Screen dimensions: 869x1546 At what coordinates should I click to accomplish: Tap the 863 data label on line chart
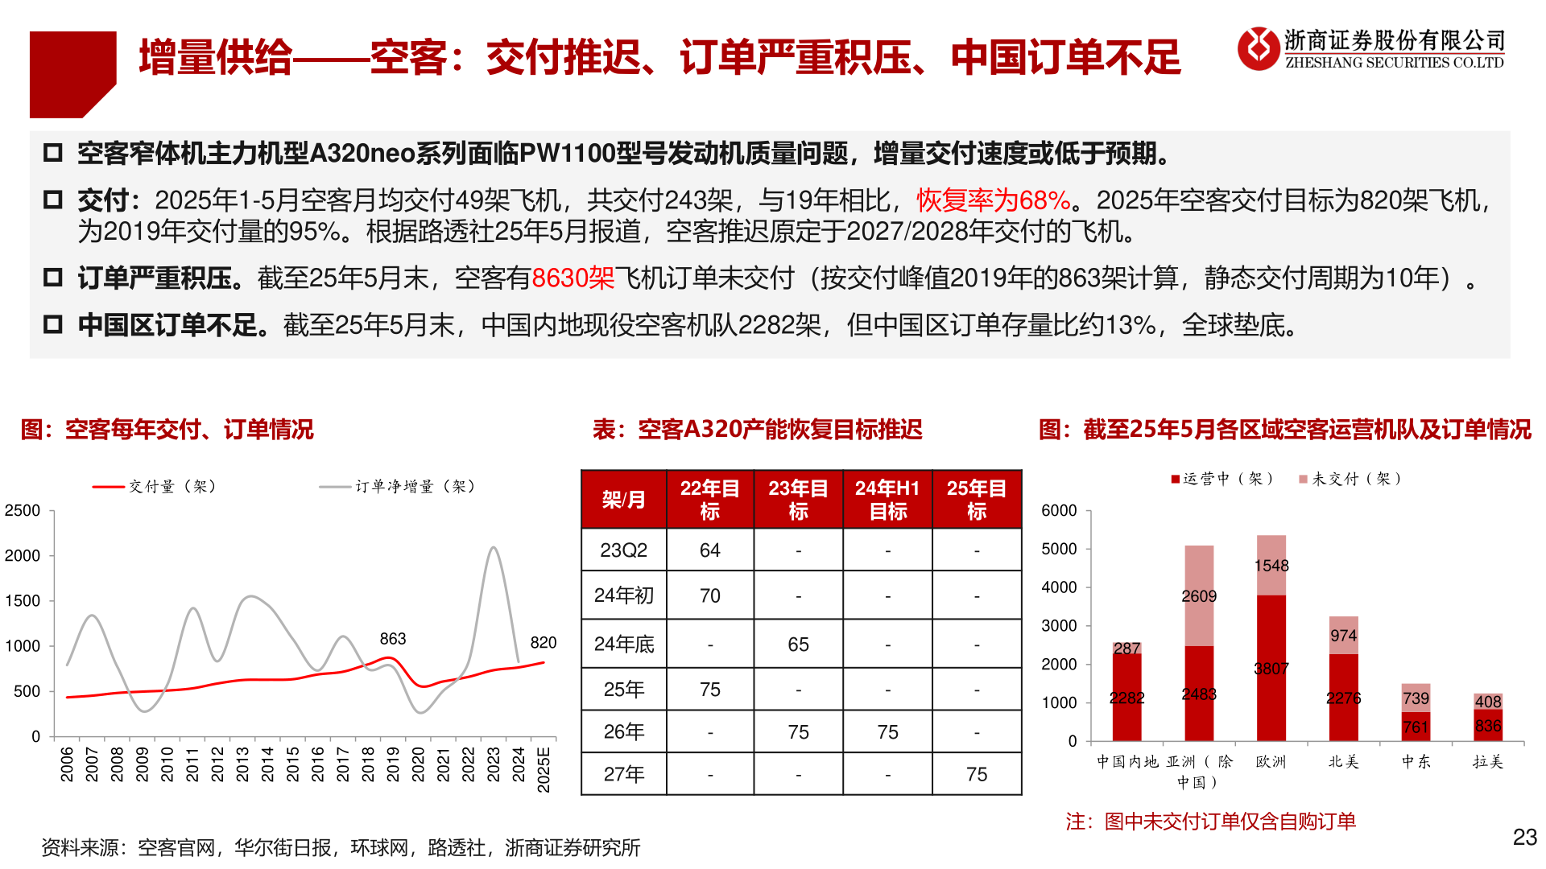point(393,639)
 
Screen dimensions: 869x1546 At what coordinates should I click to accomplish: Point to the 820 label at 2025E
point(544,642)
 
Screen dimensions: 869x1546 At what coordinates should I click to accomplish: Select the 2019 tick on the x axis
point(393,764)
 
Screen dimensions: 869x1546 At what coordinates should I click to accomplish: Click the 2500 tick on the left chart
point(23,511)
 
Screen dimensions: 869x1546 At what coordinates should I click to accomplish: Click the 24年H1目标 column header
point(887,500)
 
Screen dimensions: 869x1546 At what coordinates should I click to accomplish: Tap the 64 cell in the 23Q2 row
point(709,550)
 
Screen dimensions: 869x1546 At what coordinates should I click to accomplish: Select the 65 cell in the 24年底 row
point(798,645)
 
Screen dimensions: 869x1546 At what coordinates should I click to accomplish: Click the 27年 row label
point(624,774)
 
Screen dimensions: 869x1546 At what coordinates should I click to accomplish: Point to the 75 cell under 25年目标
point(977,774)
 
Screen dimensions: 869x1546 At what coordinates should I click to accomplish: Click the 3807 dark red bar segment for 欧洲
point(1271,668)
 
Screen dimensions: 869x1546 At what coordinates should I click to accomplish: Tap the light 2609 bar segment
point(1199,595)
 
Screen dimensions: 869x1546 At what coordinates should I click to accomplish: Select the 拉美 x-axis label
point(1488,761)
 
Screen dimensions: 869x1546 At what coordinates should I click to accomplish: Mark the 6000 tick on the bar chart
point(1059,511)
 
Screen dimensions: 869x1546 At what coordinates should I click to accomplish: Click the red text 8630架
point(573,278)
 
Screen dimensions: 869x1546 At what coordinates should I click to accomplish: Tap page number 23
point(1524,838)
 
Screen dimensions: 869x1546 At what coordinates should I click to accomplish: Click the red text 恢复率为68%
point(994,200)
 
